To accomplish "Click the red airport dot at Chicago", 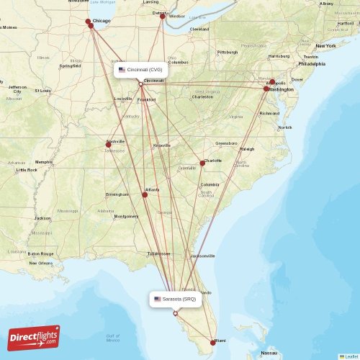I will pos(89,22).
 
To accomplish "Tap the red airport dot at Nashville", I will pos(109,145).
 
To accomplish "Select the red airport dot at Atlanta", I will pos(145,194).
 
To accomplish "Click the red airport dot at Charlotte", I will pos(202,163).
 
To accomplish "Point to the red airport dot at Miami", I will pos(212,342).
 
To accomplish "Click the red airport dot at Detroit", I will pos(163,16).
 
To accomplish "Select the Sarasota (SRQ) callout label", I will pos(175,299).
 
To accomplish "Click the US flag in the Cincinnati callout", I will pos(122,70).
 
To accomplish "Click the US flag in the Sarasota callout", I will pos(158,299).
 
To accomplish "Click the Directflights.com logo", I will pos(34,338).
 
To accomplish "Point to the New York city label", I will pos(325,45).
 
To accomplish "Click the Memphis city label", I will pos(44,162).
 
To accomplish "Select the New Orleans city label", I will pos(40,263).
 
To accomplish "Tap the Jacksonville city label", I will pos(203,256).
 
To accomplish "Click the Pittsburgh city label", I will pos(228,52).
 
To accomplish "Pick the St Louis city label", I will pos(43,91).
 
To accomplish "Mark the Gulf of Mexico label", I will pos(112,338).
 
